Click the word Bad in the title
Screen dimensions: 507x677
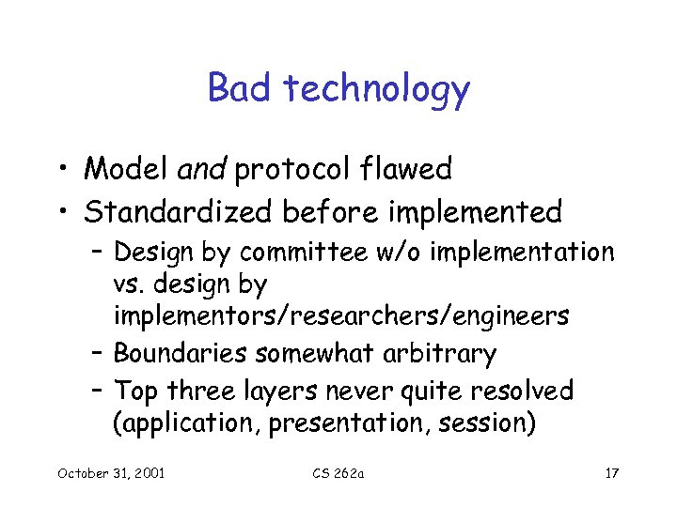[x=239, y=89]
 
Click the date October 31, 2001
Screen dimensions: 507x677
[x=111, y=472]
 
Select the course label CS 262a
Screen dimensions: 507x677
[x=338, y=472]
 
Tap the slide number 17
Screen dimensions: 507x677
[x=611, y=472]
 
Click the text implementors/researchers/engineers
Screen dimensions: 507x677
[x=340, y=317]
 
